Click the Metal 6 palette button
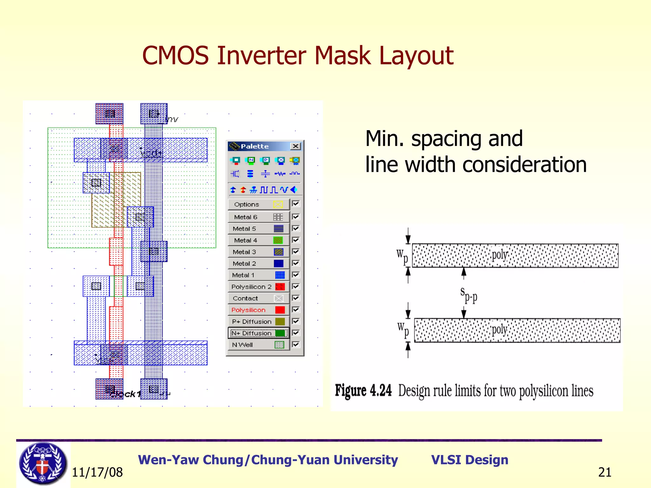[x=258, y=217]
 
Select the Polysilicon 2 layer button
[x=258, y=287]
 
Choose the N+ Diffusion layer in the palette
[x=258, y=333]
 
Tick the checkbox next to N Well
[x=296, y=344]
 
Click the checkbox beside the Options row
[x=296, y=203]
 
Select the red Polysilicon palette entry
[x=258, y=310]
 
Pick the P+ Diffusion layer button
[x=258, y=322]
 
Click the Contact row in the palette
[x=258, y=298]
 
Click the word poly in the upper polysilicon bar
[x=499, y=255]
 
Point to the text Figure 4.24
[x=363, y=390]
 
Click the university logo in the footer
[x=43, y=464]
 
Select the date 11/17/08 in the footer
[x=97, y=472]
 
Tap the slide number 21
[x=605, y=472]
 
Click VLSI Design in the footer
[x=469, y=460]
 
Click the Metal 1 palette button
[x=258, y=275]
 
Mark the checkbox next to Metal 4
[x=296, y=240]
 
